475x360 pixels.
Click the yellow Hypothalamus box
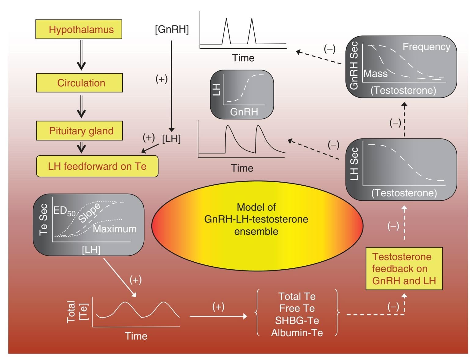coord(79,29)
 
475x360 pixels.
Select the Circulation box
coord(79,83)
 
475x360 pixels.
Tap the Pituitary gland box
coord(79,131)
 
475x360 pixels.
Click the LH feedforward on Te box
coord(97,166)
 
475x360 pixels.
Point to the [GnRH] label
coord(172,29)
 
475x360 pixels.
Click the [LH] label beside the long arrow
coord(171,139)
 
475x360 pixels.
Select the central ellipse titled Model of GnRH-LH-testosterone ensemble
coord(257,225)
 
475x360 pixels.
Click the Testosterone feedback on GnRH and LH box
coord(404,269)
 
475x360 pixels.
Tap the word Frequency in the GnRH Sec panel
coord(426,47)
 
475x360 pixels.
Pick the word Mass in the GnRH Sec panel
coord(375,74)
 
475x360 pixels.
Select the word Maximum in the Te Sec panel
coord(115,229)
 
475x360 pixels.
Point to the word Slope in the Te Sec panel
coord(89,213)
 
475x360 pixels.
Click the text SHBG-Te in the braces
coord(297,320)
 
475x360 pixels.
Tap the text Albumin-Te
coord(297,333)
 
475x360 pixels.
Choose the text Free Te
coord(297,308)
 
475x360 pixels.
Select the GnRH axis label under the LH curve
coord(244,112)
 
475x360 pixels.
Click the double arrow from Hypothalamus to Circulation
coord(81,55)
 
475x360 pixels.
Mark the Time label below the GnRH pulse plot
coord(243,58)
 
